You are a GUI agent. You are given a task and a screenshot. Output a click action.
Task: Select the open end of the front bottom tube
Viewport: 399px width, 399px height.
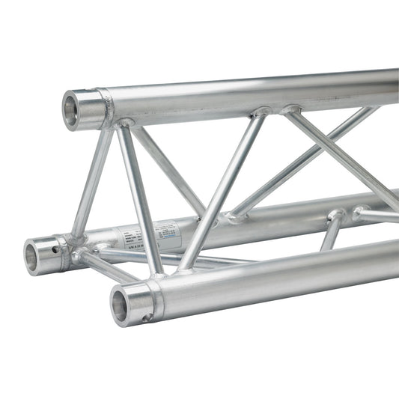pos(121,305)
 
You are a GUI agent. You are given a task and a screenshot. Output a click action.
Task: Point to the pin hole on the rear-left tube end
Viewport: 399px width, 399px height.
pos(55,245)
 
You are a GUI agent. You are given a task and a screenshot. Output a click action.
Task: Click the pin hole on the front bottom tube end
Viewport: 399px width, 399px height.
pos(147,317)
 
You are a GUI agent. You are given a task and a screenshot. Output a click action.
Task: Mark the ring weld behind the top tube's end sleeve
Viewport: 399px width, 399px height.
pos(109,107)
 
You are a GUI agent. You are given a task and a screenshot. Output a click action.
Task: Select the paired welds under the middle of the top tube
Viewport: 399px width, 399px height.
pos(275,112)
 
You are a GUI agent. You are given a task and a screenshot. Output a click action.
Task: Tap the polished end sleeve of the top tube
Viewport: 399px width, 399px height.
pos(87,109)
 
